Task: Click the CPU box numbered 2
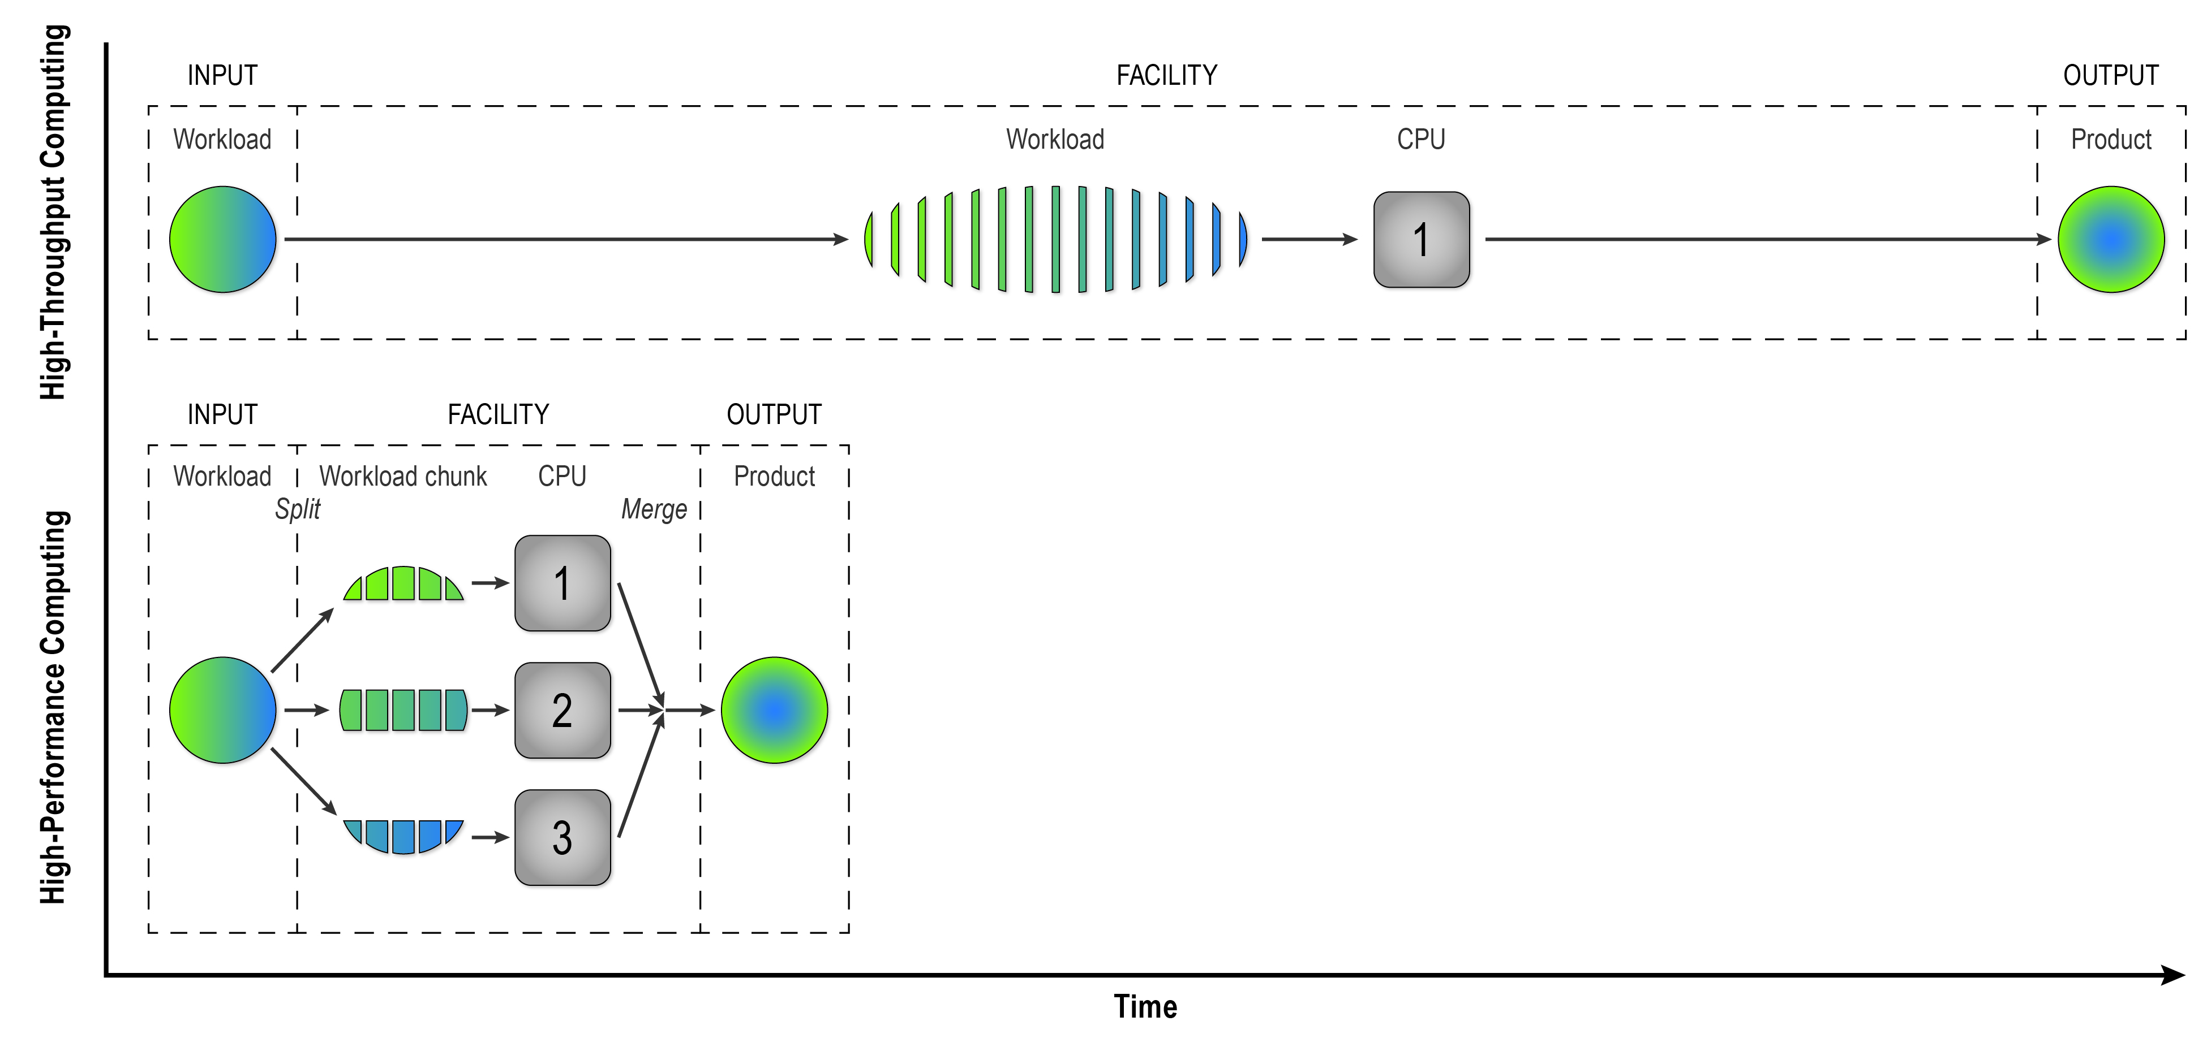coord(562,710)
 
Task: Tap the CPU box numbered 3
coord(562,837)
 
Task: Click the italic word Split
coord(297,509)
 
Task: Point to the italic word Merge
coord(654,509)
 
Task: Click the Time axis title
coord(1145,1006)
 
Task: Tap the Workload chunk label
coord(403,476)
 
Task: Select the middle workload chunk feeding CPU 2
coord(403,710)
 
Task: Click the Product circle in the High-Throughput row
coord(2110,240)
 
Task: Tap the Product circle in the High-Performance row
coord(774,710)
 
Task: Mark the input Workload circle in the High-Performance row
coord(223,710)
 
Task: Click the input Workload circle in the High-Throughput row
coord(223,240)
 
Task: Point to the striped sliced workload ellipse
coord(1055,240)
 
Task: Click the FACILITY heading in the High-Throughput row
coord(1166,75)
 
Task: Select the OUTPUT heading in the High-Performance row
coord(774,414)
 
